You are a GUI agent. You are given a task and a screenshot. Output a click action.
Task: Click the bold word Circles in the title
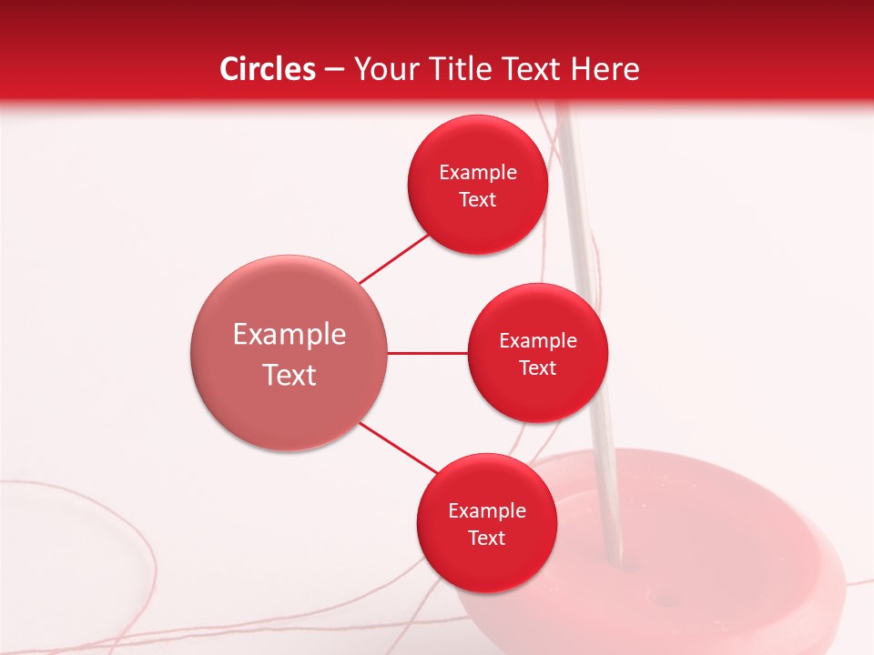(x=268, y=69)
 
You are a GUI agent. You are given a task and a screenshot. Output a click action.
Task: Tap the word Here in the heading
(x=605, y=69)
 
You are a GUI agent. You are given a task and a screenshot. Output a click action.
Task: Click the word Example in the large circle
(x=289, y=335)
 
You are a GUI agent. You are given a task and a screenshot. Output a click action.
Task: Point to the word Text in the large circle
(x=289, y=375)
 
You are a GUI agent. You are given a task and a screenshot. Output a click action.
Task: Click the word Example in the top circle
(x=477, y=173)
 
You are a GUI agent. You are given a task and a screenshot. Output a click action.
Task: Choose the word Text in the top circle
(x=477, y=200)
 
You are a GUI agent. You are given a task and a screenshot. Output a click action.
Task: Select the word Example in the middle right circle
(x=537, y=341)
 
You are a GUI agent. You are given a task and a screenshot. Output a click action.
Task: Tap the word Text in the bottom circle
(x=486, y=539)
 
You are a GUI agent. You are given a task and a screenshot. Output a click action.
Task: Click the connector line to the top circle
(x=393, y=259)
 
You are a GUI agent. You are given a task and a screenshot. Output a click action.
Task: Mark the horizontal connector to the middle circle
(x=427, y=353)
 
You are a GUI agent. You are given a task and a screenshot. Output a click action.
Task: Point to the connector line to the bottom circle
(x=398, y=448)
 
